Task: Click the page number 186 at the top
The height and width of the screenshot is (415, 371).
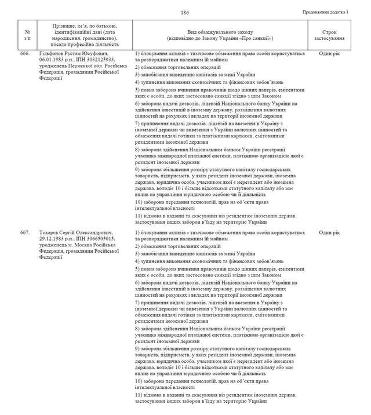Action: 185,13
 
